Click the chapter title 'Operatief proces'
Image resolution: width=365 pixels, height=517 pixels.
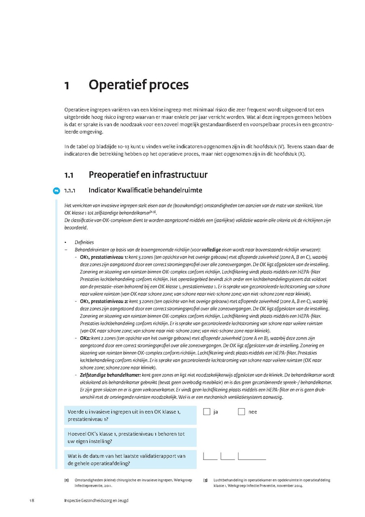click(x=138, y=85)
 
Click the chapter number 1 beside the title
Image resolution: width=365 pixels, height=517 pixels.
click(x=67, y=86)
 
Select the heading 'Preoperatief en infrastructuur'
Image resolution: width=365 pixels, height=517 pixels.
click(x=148, y=175)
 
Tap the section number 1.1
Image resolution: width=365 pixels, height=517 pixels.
click(x=69, y=175)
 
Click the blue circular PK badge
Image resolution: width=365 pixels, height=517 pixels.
click(x=56, y=190)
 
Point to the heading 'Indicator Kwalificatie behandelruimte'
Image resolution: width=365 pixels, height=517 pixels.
click(x=145, y=190)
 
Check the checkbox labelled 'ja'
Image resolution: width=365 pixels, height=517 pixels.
click(x=207, y=412)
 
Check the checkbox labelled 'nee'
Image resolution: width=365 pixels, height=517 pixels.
click(x=242, y=412)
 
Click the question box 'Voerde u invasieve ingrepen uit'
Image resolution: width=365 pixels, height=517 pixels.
click(x=130, y=415)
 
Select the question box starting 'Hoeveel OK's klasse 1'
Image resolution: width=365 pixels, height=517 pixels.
click(x=130, y=437)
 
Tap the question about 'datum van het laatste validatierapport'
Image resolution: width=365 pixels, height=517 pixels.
click(x=130, y=459)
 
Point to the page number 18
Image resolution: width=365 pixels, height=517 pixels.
click(x=32, y=500)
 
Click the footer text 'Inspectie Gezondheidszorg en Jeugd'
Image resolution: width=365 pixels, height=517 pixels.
click(x=96, y=500)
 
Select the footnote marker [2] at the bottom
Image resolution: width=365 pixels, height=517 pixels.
click(x=66, y=480)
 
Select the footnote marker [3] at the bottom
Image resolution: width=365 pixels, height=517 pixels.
click(x=205, y=480)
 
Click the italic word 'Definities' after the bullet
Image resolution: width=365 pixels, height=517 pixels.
click(x=84, y=242)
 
